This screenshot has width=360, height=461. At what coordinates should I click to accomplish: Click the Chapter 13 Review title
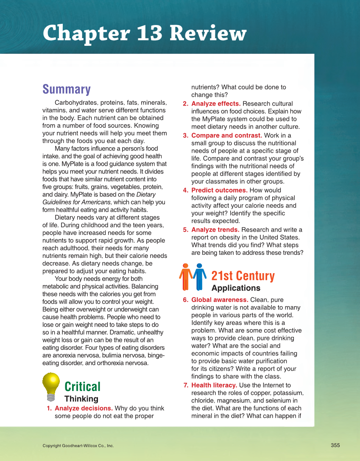tap(144, 33)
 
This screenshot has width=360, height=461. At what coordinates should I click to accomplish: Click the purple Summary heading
tap(67, 89)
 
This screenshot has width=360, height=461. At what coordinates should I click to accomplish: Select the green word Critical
tap(82, 386)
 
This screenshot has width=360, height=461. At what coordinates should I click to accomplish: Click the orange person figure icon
tap(185, 277)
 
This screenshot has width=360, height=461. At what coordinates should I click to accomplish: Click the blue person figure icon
tap(199, 277)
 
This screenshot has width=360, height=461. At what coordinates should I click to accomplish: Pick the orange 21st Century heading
tap(243, 276)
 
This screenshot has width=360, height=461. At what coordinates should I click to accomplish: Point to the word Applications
tap(236, 288)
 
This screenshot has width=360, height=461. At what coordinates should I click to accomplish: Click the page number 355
tap(335, 445)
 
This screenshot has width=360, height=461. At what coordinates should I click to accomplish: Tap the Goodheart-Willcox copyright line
tap(78, 446)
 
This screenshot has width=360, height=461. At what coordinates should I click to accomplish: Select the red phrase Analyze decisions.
tap(84, 408)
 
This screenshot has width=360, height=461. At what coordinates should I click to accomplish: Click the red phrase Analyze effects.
tap(216, 104)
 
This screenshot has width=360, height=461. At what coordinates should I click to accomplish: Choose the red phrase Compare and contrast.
tap(226, 136)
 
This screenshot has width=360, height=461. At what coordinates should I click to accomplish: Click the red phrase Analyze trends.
tap(215, 230)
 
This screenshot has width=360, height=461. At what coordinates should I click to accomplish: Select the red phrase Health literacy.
tap(214, 386)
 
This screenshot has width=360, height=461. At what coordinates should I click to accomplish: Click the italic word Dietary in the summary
tap(146, 195)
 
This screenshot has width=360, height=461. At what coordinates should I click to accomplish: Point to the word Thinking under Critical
tap(81, 399)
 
